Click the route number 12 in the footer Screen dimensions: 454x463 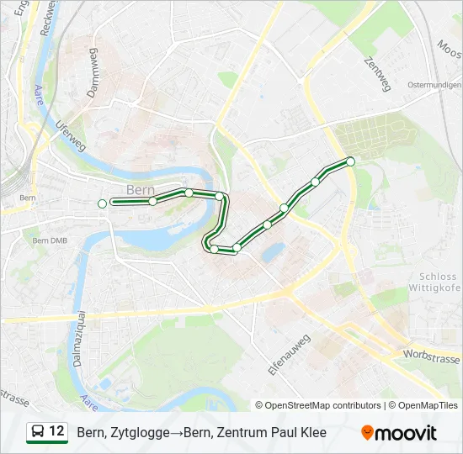(x=56, y=431)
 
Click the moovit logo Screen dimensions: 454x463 (x=399, y=433)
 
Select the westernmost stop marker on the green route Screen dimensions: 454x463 (x=102, y=203)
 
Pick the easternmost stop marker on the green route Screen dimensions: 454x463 (x=350, y=161)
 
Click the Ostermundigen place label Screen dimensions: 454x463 (x=434, y=86)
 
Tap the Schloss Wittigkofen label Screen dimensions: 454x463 (x=440, y=282)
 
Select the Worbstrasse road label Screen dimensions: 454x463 (x=431, y=356)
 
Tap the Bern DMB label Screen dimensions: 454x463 (x=49, y=240)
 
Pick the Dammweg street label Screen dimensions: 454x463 (x=95, y=75)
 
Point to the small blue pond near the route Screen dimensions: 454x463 (x=271, y=251)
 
